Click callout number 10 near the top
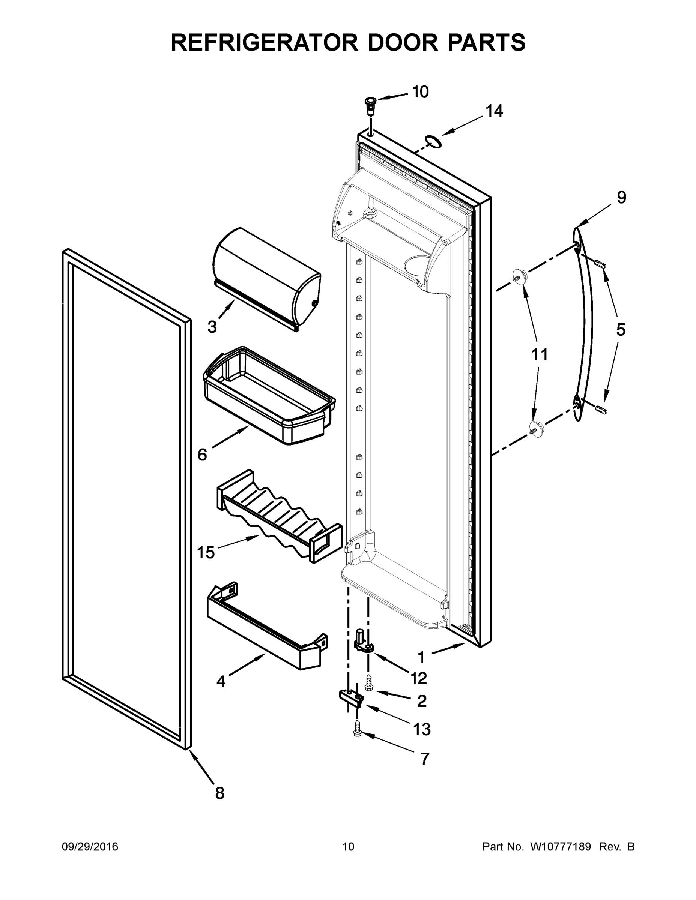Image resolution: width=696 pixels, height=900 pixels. tap(421, 91)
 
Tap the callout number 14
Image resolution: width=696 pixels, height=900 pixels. tap(494, 111)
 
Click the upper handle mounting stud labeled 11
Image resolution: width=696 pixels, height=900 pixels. tap(519, 275)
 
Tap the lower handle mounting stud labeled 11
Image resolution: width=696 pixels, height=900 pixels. tap(536, 429)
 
